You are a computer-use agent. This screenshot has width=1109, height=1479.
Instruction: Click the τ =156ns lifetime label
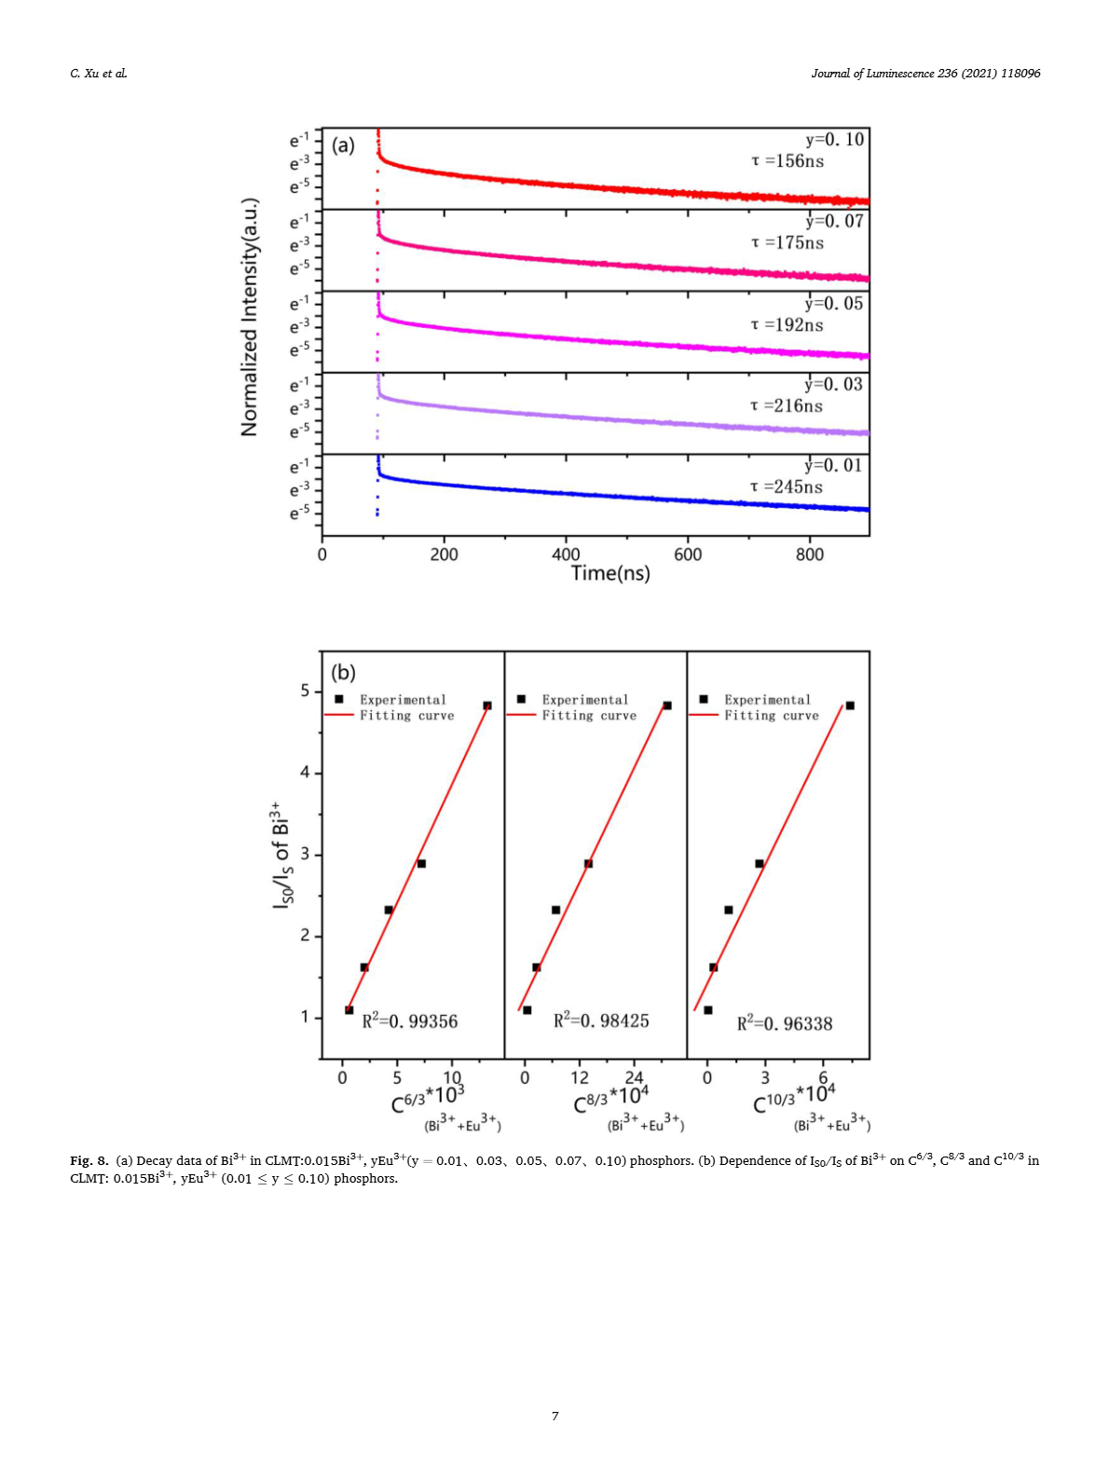(787, 161)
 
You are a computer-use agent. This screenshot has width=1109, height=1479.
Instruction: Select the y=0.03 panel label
(833, 384)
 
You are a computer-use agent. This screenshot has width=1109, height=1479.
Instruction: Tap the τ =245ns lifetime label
(787, 486)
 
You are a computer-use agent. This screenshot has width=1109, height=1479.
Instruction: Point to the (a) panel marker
(344, 144)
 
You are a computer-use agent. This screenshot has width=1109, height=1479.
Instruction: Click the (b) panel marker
(344, 672)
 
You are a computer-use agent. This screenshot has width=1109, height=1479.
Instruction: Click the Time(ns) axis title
(610, 573)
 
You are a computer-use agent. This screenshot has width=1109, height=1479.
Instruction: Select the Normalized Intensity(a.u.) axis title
(250, 317)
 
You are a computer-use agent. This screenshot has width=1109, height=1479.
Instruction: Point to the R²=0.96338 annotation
(785, 1023)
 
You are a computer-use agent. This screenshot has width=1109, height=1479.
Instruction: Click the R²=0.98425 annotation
(601, 1020)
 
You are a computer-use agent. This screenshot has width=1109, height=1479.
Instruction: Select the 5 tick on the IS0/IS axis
(306, 692)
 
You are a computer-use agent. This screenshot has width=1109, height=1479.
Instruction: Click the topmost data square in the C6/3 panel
(487, 705)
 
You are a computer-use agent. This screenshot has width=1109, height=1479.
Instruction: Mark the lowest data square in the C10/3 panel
(708, 1010)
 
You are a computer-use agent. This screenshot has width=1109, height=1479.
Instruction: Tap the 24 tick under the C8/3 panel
(634, 1077)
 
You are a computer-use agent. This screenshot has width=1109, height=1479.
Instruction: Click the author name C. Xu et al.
(99, 74)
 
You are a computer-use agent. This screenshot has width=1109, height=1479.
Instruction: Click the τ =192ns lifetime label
(787, 324)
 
